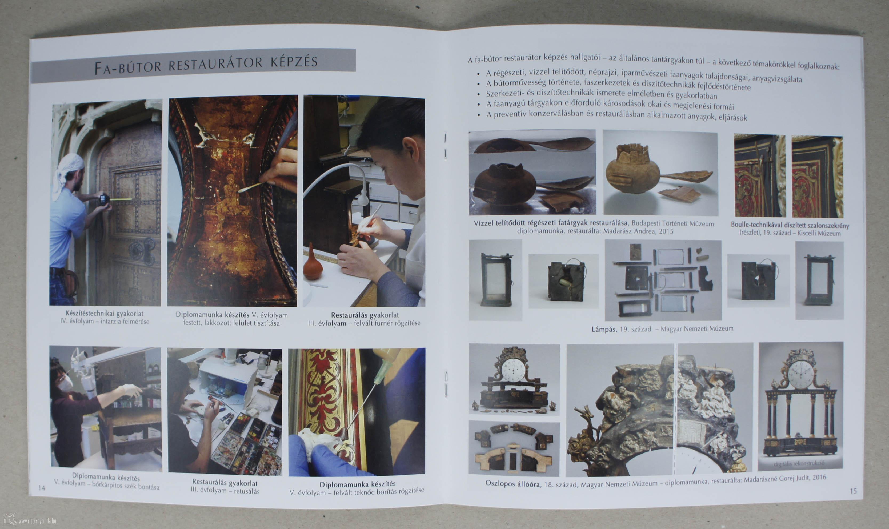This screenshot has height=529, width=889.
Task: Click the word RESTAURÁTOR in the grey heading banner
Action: point(215,64)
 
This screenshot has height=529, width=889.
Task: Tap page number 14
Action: point(42,488)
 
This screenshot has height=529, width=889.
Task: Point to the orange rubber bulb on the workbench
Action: point(312,263)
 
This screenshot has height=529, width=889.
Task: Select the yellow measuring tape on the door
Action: point(121,199)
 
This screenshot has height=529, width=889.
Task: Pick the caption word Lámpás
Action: point(603,329)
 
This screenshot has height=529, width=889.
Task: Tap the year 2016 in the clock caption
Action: point(818,478)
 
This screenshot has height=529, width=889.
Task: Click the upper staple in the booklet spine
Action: point(445,145)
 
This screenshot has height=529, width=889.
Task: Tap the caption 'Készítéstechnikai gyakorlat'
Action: point(105,314)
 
